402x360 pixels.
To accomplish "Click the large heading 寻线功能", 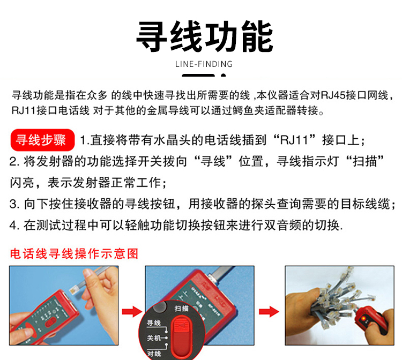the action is pyautogui.click(x=204, y=36).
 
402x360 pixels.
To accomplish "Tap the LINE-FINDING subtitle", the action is pyautogui.click(x=204, y=64).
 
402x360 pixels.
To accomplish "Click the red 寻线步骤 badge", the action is pyautogui.click(x=42, y=140).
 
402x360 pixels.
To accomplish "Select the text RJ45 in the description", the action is pyautogui.click(x=333, y=95).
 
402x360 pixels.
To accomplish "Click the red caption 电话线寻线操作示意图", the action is pyautogui.click(x=75, y=254).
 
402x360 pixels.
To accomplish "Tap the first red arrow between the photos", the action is pyautogui.click(x=132, y=312).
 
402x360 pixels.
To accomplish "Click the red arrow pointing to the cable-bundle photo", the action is pyautogui.click(x=269, y=312).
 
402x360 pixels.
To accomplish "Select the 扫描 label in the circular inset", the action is pyautogui.click(x=181, y=309).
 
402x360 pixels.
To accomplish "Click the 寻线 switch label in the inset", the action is pyautogui.click(x=154, y=323).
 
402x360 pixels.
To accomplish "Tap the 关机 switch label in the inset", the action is pyautogui.click(x=154, y=338).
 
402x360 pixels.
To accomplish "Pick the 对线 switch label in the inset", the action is pyautogui.click(x=154, y=354).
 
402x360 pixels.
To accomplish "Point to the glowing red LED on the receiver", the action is pyautogui.click(x=363, y=319).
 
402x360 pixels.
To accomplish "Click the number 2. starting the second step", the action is pyautogui.click(x=14, y=162).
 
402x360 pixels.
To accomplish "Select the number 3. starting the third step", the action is pyautogui.click(x=14, y=204).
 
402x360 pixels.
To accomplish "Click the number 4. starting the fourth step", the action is pyautogui.click(x=14, y=226).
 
